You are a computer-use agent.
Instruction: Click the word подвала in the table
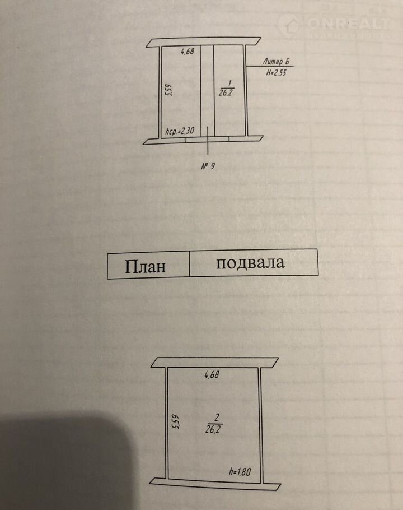pos(250,263)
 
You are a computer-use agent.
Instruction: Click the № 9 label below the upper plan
pos(208,166)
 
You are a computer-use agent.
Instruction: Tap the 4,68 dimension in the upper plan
pos(188,52)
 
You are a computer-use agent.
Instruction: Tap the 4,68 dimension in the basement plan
pos(212,375)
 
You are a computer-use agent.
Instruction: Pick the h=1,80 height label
pos(240,471)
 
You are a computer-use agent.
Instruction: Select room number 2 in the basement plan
pos(215,415)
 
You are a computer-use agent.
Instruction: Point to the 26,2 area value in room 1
pos(227,92)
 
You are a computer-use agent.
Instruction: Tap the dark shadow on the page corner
pos(56,465)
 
